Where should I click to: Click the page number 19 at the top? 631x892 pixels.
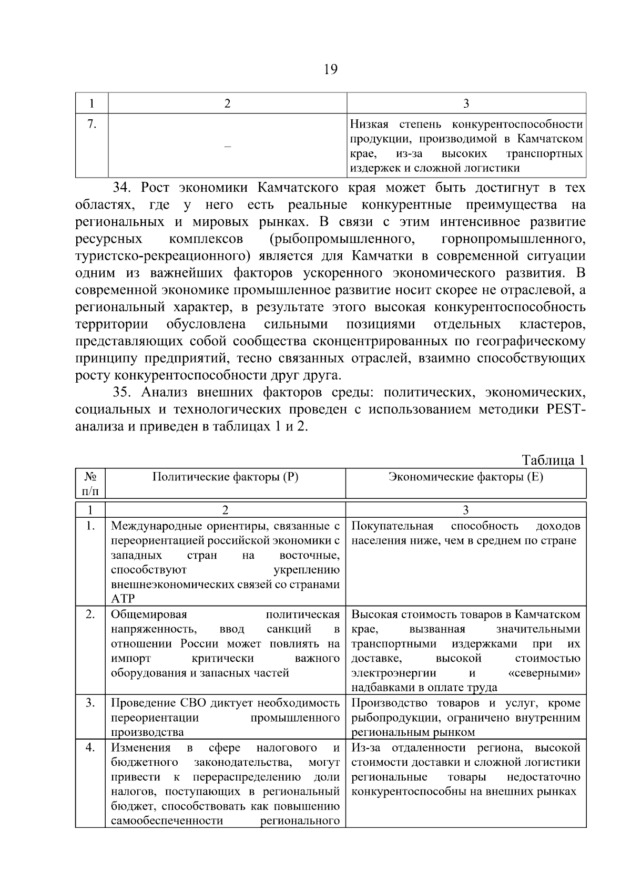point(331,69)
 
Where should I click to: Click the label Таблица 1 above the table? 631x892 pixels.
point(553,460)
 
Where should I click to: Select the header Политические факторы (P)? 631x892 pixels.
point(225,477)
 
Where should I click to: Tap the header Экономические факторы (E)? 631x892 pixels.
point(465,477)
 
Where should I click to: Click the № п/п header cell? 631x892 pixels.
point(90,484)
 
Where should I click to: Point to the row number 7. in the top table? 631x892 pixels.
point(91,124)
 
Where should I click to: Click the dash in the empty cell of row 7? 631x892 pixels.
point(227,146)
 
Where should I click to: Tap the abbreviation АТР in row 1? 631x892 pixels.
point(123,598)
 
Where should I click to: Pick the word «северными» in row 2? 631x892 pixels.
point(545,673)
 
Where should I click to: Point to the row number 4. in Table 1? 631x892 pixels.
point(90,747)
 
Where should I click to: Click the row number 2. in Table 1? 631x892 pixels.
point(90,614)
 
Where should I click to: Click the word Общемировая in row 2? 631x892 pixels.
point(149,614)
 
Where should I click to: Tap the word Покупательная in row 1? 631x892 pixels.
point(392,526)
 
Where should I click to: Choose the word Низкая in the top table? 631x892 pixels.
point(369,124)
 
